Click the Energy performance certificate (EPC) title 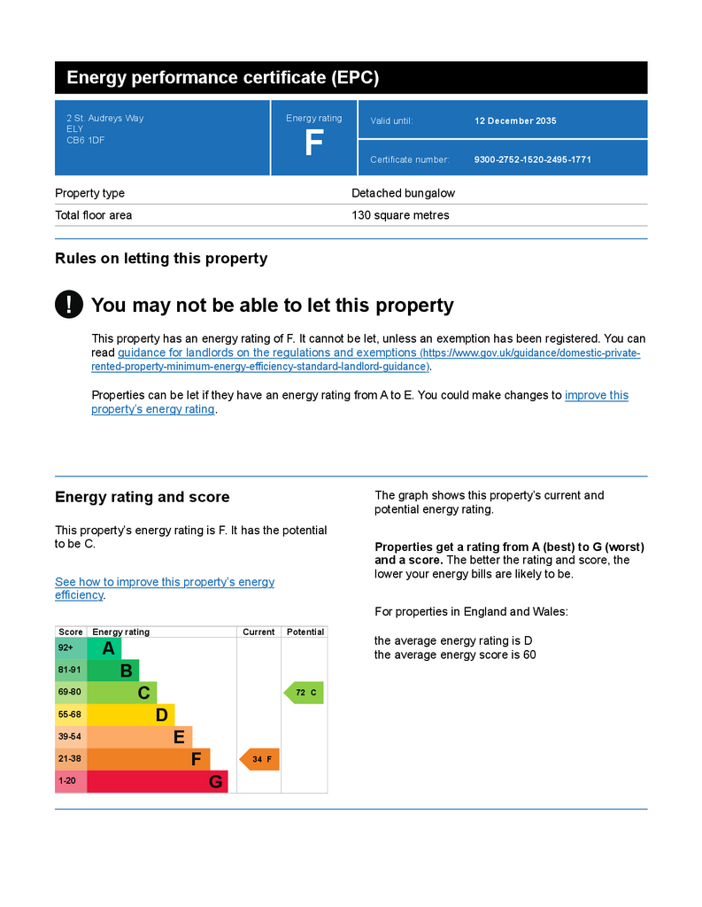[222, 78]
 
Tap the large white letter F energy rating [313, 143]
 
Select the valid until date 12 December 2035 [515, 120]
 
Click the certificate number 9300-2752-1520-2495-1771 [532, 159]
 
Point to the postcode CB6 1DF [85, 140]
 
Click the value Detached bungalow [403, 193]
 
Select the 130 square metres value [400, 215]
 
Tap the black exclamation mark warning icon [69, 305]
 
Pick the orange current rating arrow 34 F [259, 759]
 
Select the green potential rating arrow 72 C [304, 693]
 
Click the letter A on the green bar [108, 648]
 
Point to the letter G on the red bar [215, 782]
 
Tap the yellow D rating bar [131, 715]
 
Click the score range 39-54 [70, 737]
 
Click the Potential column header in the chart [305, 632]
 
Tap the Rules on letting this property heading [161, 259]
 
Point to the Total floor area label [93, 215]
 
